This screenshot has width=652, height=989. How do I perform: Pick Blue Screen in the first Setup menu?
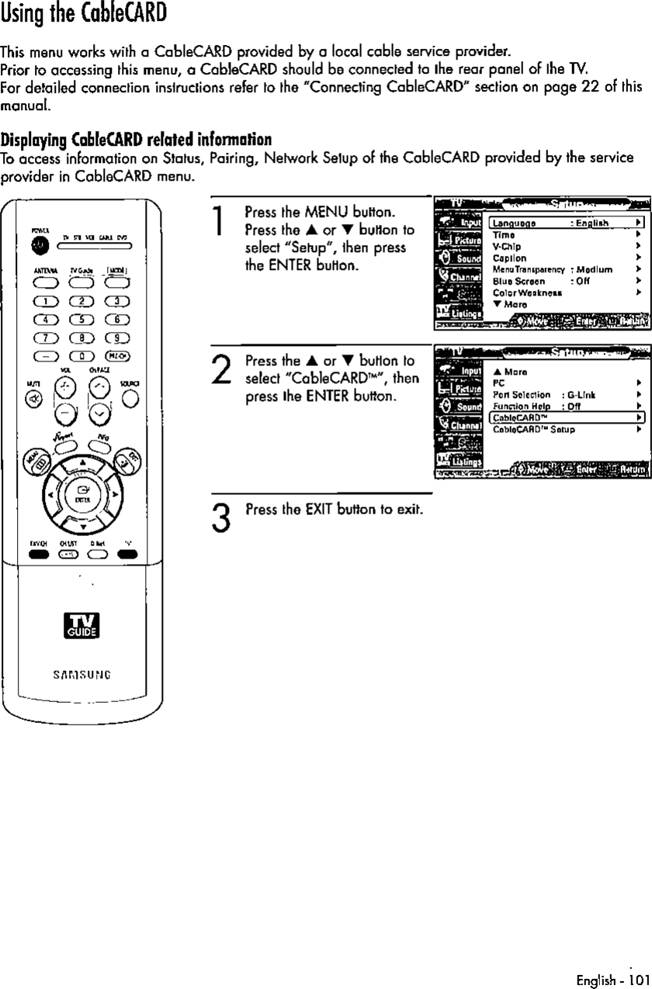[518, 281]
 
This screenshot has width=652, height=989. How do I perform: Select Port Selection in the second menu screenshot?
[522, 394]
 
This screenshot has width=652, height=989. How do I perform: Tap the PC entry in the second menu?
[498, 382]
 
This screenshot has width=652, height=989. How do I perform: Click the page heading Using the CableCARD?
[84, 15]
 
